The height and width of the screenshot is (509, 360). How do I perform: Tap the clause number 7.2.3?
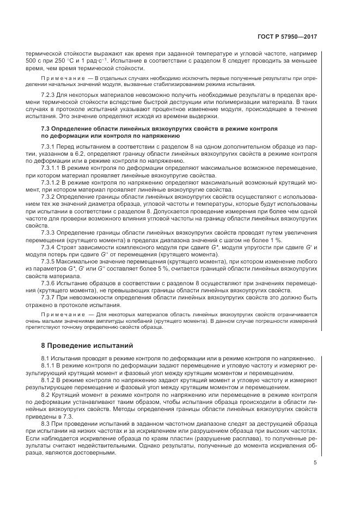pos(49,95)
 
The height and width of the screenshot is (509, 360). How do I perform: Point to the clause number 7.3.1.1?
pos(52,169)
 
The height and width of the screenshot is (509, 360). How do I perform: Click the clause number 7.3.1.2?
pos(52,182)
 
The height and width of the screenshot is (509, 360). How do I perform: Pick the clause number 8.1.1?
pos(49,365)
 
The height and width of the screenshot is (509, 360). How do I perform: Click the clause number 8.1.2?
pos(49,379)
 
